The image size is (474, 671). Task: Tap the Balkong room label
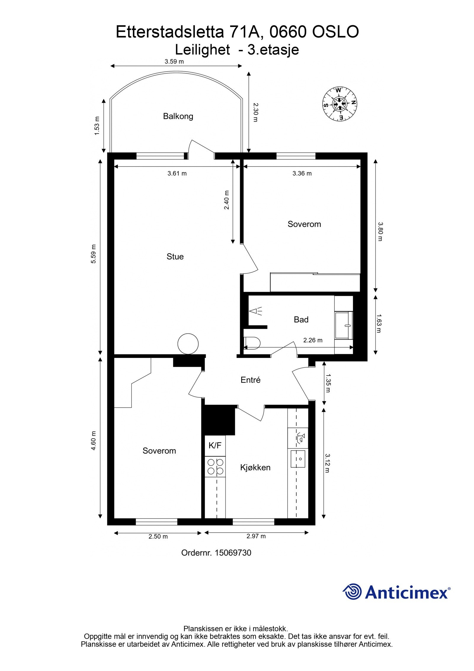[x=178, y=116]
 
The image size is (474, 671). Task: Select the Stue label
[x=175, y=256]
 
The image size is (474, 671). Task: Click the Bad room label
[x=301, y=320]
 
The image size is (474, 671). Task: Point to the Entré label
[x=250, y=380]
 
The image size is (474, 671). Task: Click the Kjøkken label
[x=255, y=468]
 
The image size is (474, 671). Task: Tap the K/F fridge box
[x=215, y=445]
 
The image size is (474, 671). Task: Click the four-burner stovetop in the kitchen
[x=215, y=467]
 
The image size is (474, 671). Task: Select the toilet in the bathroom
[x=252, y=343]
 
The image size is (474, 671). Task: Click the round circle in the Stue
[x=188, y=344]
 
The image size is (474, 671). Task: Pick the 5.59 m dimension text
[x=94, y=254]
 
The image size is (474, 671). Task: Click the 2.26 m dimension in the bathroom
[x=313, y=340]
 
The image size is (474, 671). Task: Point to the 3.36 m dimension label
[x=302, y=173]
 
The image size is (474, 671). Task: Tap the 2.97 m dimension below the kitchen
[x=256, y=536]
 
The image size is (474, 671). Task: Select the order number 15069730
[x=233, y=553]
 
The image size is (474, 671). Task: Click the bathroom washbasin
[x=344, y=325]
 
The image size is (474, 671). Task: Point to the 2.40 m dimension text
[x=227, y=200]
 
